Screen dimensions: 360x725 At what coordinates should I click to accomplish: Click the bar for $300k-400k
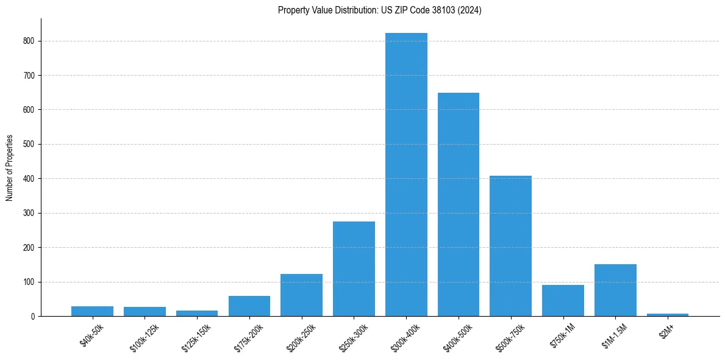point(406,175)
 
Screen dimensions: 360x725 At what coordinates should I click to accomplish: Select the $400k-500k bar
point(459,204)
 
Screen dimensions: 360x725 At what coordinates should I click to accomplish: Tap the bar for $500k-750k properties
point(510,246)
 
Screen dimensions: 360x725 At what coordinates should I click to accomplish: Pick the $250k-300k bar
point(354,268)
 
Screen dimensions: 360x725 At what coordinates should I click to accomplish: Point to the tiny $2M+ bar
point(667,315)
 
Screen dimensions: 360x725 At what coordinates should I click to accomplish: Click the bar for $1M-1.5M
point(615,290)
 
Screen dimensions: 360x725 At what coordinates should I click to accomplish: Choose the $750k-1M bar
point(563,301)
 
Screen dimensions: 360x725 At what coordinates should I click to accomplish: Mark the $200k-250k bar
point(301,295)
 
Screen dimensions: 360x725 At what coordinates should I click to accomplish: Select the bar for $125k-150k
point(197,314)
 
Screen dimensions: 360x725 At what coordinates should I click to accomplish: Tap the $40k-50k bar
point(92,311)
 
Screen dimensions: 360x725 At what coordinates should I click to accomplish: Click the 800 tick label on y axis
point(29,41)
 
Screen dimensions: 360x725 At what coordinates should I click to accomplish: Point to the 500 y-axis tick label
point(29,145)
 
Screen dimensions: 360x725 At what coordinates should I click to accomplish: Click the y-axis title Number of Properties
point(9,168)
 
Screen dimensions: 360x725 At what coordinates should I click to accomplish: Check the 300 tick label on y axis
point(29,213)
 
